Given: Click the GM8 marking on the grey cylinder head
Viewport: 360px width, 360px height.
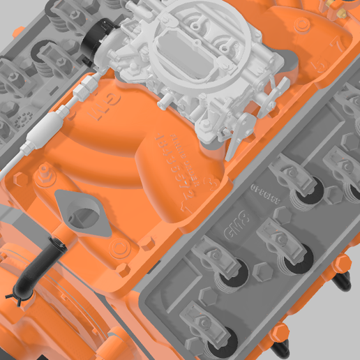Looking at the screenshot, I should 237,220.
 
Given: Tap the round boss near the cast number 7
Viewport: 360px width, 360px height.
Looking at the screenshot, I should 302,25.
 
